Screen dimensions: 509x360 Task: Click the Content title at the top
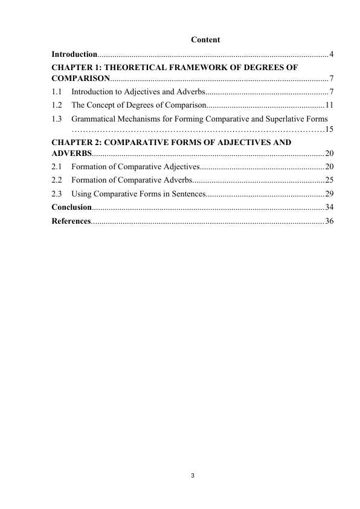coord(205,40)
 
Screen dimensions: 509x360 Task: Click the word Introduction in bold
coord(74,55)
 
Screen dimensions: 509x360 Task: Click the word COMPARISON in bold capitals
coord(80,79)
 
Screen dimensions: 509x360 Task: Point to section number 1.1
coord(57,92)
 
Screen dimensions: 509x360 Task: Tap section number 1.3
coord(57,118)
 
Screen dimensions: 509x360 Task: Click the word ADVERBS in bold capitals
coord(71,154)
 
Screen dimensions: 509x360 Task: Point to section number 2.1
coord(57,167)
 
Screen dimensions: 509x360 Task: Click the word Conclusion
coord(71,207)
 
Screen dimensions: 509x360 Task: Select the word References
coord(71,221)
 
